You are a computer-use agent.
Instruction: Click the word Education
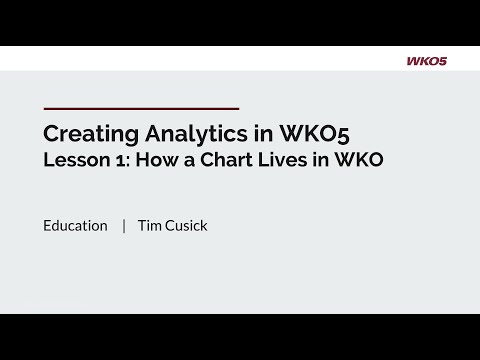pos(75,226)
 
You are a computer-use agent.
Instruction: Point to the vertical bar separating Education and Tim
pos(124,226)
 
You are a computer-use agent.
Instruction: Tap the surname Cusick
pos(187,226)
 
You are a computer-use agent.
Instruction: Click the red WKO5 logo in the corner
pos(426,61)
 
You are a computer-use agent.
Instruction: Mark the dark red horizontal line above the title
pos(141,107)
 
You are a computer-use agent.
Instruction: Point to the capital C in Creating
pos(51,133)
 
